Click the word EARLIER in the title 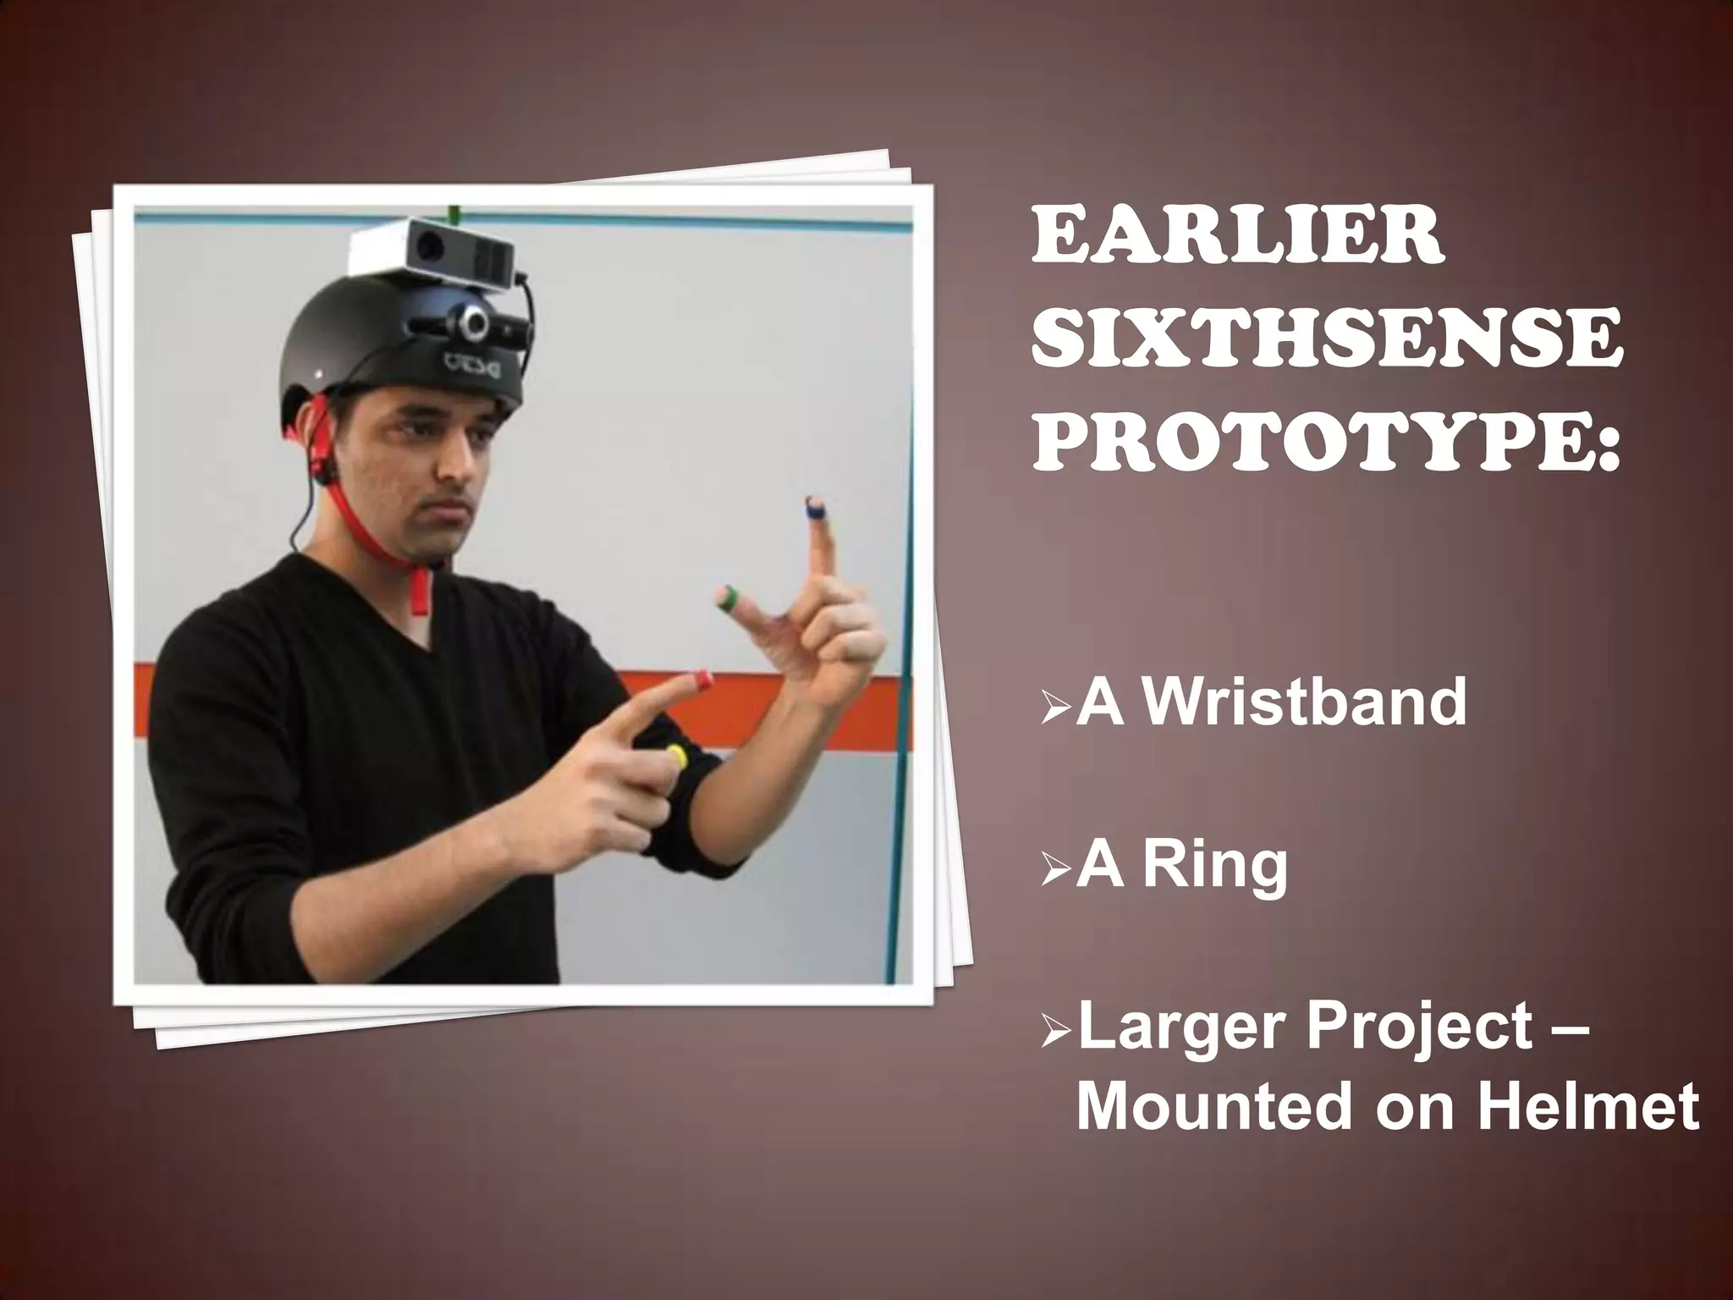(1235, 238)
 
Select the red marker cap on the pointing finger (701, 678)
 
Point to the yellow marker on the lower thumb (675, 753)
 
